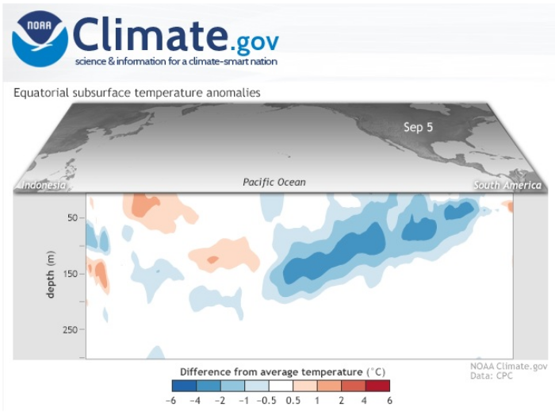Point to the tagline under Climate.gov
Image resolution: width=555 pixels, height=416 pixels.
click(176, 61)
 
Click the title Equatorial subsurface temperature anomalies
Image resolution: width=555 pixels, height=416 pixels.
click(136, 93)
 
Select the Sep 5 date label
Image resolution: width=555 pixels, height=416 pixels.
click(418, 127)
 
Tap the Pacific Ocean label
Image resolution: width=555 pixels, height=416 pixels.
click(274, 183)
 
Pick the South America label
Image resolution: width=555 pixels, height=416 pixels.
click(507, 186)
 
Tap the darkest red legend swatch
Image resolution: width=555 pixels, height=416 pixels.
click(377, 386)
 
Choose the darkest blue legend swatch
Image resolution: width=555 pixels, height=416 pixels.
click(184, 386)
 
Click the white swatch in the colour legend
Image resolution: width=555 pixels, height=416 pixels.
click(281, 386)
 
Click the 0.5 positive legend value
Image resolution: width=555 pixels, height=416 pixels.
click(293, 401)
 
